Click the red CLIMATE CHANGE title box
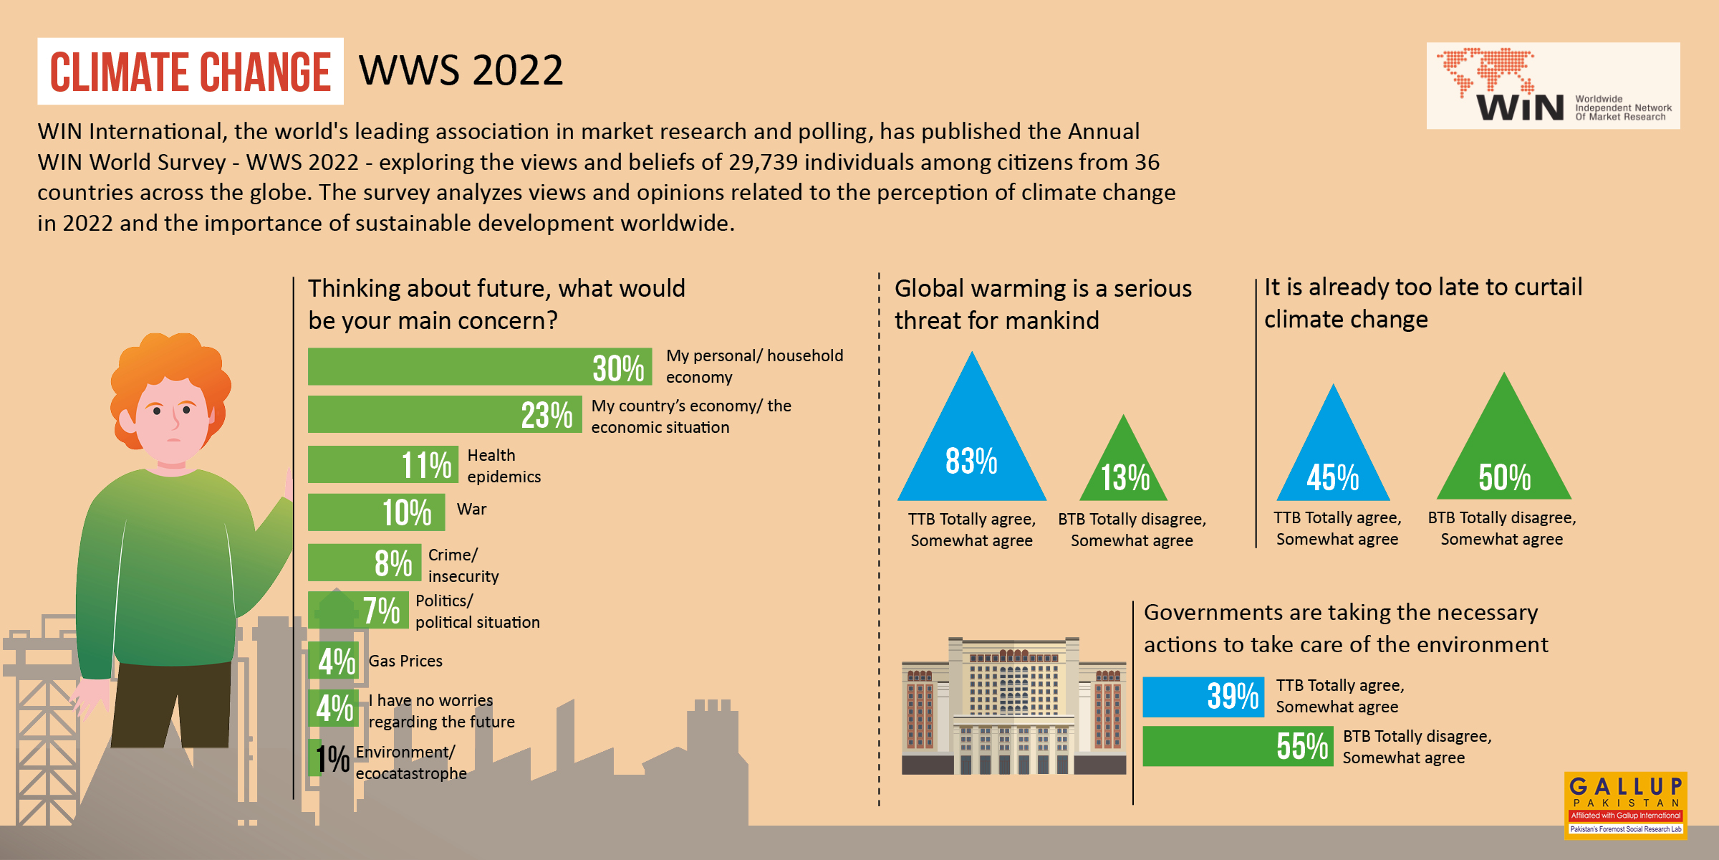(x=191, y=71)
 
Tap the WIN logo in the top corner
(x=1553, y=85)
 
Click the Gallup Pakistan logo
(x=1625, y=805)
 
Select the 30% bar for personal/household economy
(x=480, y=367)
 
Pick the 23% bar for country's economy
(x=444, y=414)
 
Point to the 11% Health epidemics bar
(x=383, y=464)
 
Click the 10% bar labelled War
(x=377, y=512)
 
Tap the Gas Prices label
(x=405, y=661)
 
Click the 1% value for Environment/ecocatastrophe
(x=332, y=758)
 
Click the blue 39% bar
(x=1203, y=697)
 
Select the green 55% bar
(x=1238, y=746)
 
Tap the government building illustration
(x=1013, y=706)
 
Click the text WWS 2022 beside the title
(x=461, y=70)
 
